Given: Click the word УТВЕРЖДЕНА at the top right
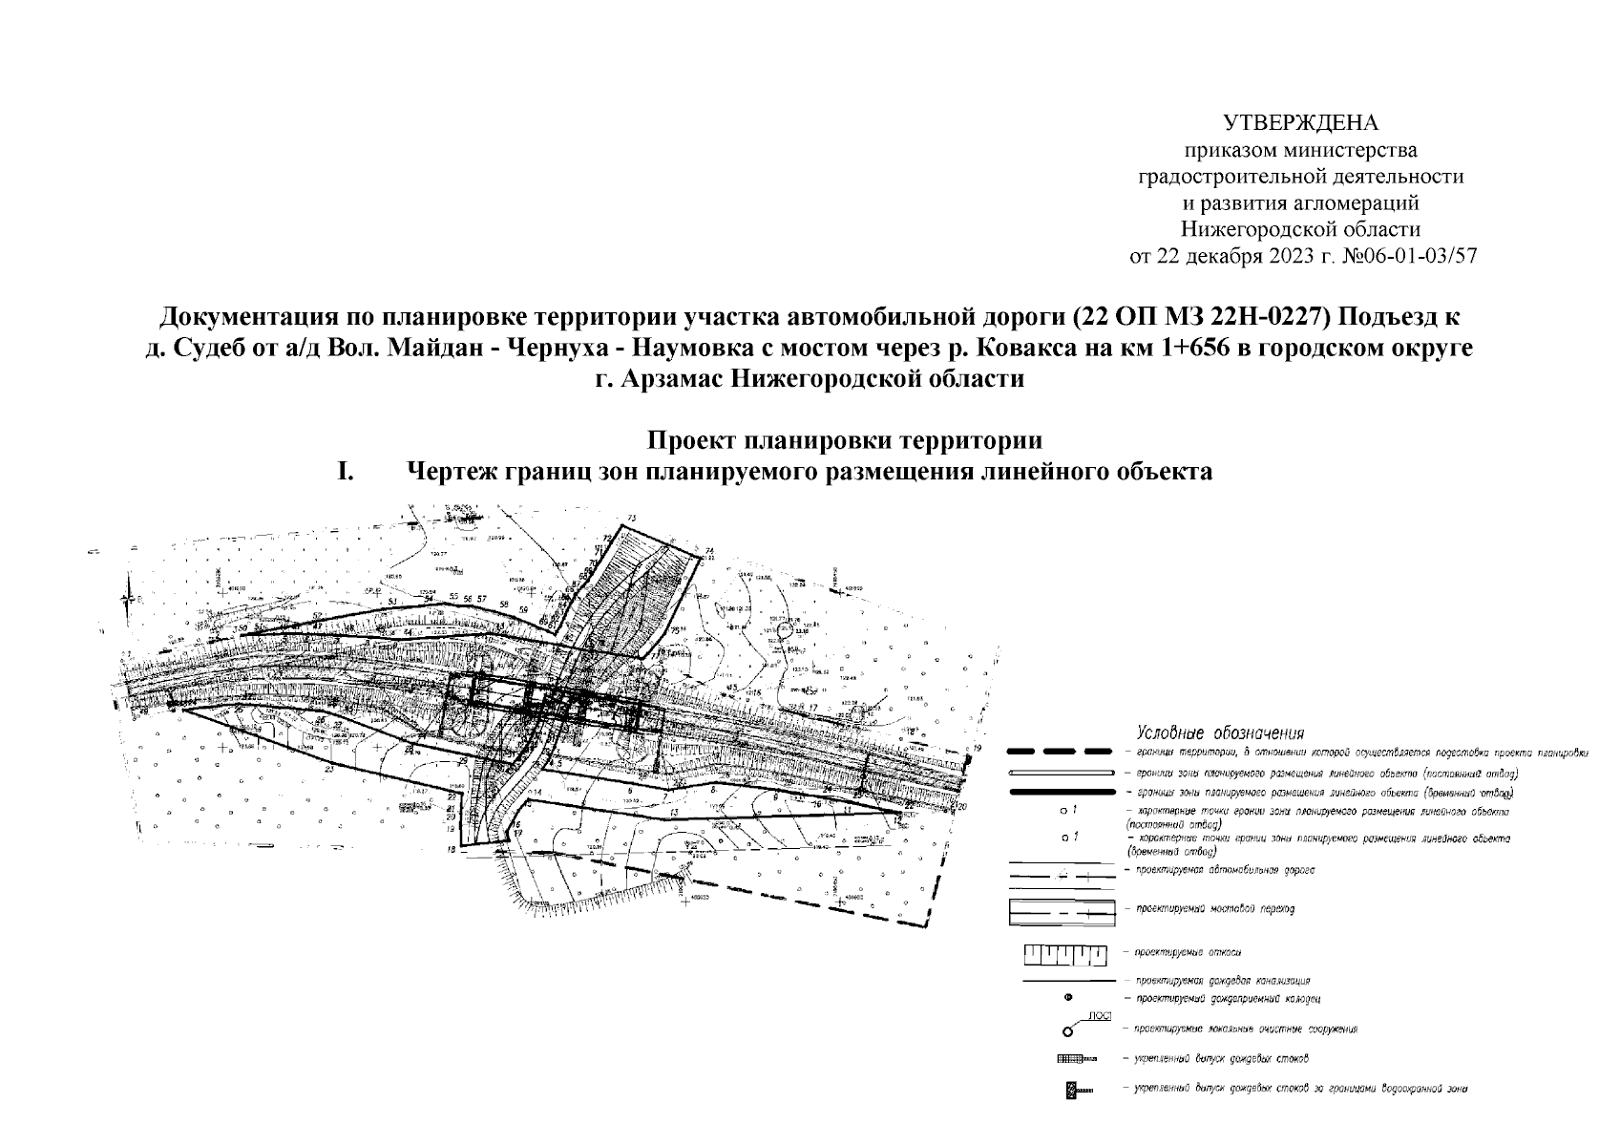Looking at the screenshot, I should pyautogui.click(x=1301, y=123).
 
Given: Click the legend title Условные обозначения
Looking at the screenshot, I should pyautogui.click(x=1219, y=733).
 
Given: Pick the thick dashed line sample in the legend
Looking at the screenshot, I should pyautogui.click(x=1062, y=753).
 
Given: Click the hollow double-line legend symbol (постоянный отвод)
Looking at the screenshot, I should pyautogui.click(x=1062, y=772).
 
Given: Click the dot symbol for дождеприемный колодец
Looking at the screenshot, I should pyautogui.click(x=1067, y=998).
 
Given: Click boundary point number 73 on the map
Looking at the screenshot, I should pyautogui.click(x=631, y=519).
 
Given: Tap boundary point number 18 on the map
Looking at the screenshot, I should pyautogui.click(x=449, y=848).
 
